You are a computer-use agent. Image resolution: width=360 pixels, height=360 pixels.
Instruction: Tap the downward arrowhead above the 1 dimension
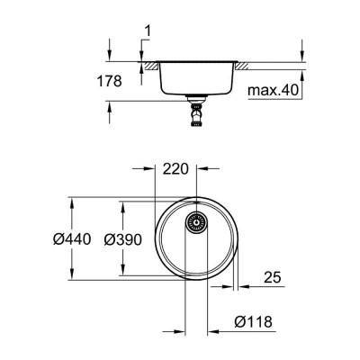(143, 56)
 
